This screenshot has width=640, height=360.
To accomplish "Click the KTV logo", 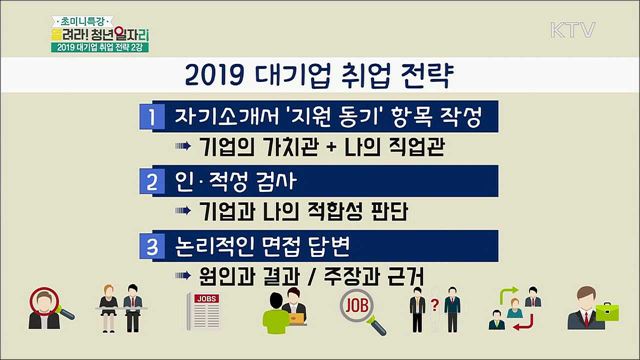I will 582,22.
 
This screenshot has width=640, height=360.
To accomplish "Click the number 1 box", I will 150,116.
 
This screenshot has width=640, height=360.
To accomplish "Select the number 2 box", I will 150,183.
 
